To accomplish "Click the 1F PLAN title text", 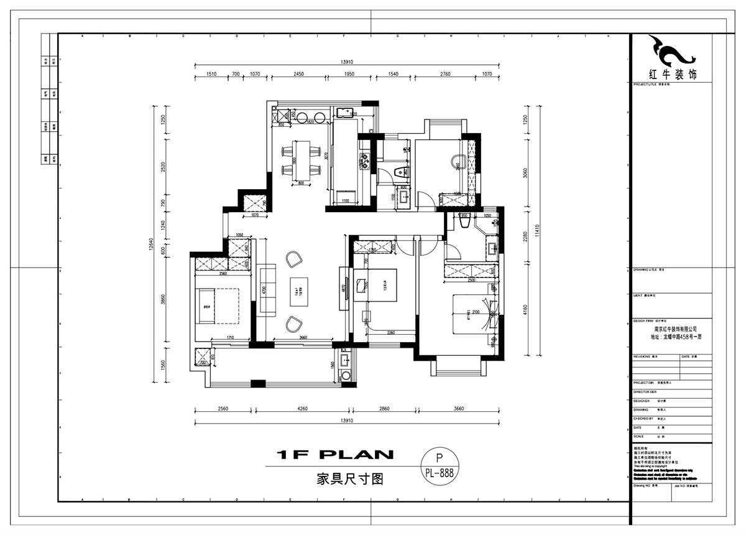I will pyautogui.click(x=335, y=455).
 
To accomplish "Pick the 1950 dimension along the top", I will pyautogui.click(x=349, y=74).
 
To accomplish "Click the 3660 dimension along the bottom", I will pyautogui.click(x=459, y=409).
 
